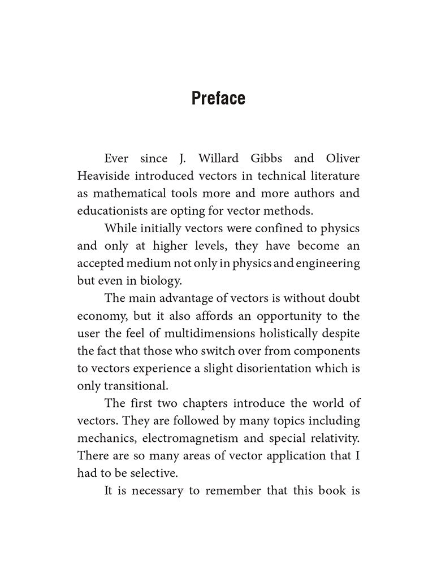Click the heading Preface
(x=218, y=98)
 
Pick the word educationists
(x=116, y=211)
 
